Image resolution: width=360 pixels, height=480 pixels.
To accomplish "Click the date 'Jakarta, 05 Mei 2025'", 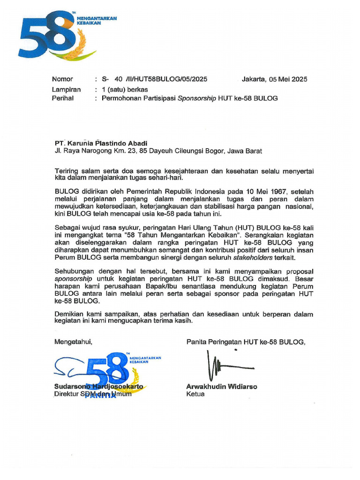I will coord(274,79).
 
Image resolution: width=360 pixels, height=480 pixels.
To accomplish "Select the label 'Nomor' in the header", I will coord(62,79).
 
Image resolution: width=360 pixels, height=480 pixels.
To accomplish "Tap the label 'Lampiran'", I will coord(66,89).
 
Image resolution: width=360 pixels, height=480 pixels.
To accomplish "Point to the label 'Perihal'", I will coord(62,98).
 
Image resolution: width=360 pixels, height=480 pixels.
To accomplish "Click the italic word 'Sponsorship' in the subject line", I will coord(197,98).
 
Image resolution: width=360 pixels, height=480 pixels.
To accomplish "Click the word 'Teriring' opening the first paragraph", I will coord(67,171).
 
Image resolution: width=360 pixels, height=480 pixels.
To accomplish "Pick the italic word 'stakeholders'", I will coord(253,257).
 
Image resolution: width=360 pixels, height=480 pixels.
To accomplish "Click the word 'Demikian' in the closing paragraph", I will coord(69,314).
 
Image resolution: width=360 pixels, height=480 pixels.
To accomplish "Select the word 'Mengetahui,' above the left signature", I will coord(74,342).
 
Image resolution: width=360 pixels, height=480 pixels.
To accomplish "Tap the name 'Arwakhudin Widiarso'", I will coord(222,387).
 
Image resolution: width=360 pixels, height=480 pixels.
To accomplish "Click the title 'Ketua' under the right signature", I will coord(195,394).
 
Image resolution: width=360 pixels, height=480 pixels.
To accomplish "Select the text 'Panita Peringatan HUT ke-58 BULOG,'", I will coord(246,342).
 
